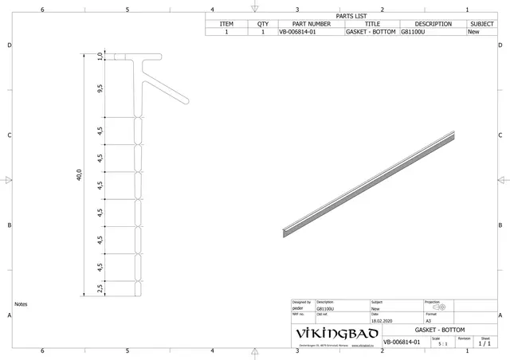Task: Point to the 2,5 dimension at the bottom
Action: pyautogui.click(x=100, y=288)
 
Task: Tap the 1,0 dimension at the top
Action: pyautogui.click(x=100, y=56)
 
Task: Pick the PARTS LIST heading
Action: pyautogui.click(x=351, y=16)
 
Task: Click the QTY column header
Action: pyautogui.click(x=263, y=24)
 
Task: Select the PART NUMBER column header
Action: pyautogui.click(x=310, y=24)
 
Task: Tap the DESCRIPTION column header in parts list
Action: pyautogui.click(x=433, y=24)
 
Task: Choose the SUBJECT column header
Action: pyautogui.click(x=482, y=24)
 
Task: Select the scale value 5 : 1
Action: pyautogui.click(x=442, y=343)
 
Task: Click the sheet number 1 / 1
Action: pyautogui.click(x=485, y=343)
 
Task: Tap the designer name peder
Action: pyautogui.click(x=298, y=309)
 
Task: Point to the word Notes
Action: pyautogui.click(x=21, y=304)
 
